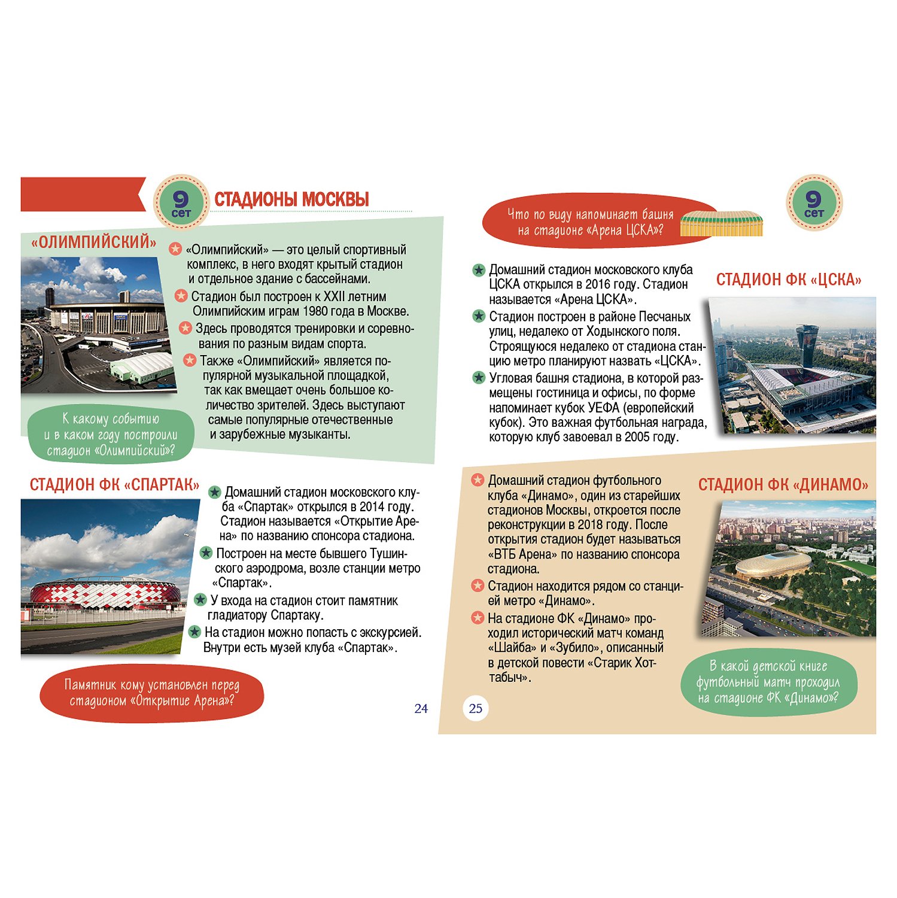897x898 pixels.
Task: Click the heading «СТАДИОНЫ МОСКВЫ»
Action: (x=291, y=199)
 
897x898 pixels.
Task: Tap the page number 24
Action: (x=421, y=709)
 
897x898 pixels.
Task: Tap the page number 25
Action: (x=476, y=709)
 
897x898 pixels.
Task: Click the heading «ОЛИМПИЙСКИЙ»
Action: (x=93, y=242)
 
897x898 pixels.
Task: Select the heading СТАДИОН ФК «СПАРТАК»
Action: (x=114, y=484)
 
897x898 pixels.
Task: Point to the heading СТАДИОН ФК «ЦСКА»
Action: (x=789, y=280)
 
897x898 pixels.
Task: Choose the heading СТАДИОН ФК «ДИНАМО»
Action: (x=783, y=484)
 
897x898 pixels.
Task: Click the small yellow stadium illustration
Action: (x=722, y=223)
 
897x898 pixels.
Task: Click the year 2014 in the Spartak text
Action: (x=372, y=507)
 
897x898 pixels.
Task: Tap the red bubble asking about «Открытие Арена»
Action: (x=151, y=693)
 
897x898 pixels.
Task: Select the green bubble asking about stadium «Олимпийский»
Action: (x=111, y=435)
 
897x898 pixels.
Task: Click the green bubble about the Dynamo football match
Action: (x=768, y=682)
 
